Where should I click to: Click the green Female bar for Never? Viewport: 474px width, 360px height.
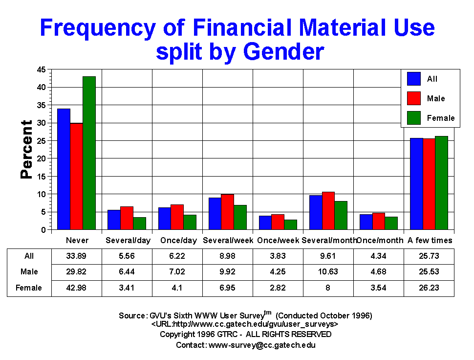click(89, 153)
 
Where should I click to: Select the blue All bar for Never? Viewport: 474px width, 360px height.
click(64, 169)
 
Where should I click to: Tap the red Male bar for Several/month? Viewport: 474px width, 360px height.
click(328, 211)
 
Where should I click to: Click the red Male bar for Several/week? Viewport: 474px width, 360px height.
click(227, 212)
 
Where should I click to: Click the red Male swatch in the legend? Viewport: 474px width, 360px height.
click(414, 98)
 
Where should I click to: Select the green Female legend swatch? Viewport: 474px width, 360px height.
click(414, 118)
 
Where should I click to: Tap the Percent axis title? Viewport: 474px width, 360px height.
click(26, 150)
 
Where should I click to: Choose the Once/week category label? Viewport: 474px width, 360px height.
click(278, 240)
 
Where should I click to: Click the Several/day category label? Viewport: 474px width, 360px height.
click(127, 240)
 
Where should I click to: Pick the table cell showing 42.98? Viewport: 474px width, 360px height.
click(77, 288)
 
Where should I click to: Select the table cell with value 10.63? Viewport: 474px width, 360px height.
click(328, 271)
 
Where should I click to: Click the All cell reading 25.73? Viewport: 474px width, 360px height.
click(429, 256)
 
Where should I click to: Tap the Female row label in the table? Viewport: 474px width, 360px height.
click(29, 288)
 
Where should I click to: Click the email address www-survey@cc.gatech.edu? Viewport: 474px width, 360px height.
click(262, 345)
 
